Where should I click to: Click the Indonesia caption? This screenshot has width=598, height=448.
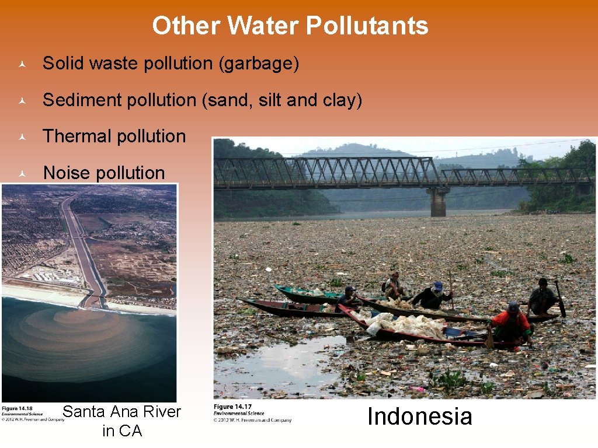pyautogui.click(x=419, y=416)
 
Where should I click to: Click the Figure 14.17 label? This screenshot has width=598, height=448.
pyautogui.click(x=232, y=407)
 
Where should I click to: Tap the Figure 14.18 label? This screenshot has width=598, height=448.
pyautogui.click(x=18, y=408)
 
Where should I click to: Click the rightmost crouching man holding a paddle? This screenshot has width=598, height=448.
pyautogui.click(x=543, y=297)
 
